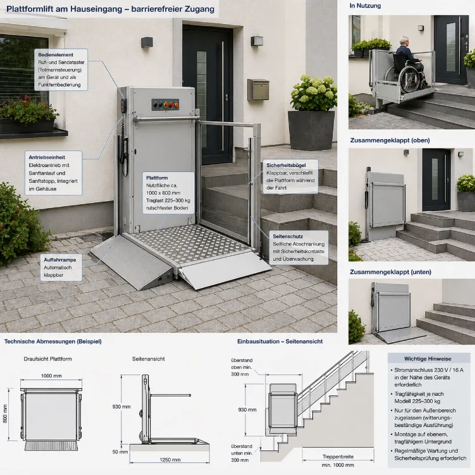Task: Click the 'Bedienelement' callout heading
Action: [x=56, y=55]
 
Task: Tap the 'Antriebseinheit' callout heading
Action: [x=47, y=157]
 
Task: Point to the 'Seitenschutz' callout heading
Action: [x=288, y=237]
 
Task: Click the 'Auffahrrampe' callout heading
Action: [x=60, y=260]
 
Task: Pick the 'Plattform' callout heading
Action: [x=157, y=178]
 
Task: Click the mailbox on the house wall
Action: [x=259, y=90]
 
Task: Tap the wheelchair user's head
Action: [x=404, y=41]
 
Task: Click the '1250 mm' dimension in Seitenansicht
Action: [x=170, y=460]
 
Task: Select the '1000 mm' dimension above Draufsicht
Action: [x=51, y=376]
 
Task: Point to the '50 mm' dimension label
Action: [x=120, y=452]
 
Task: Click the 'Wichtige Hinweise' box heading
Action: [x=428, y=359]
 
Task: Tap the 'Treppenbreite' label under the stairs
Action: [x=338, y=457]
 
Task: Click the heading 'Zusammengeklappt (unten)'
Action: [x=390, y=272]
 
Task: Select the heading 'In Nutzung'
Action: [x=365, y=6]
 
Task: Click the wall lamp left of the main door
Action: [x=147, y=42]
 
